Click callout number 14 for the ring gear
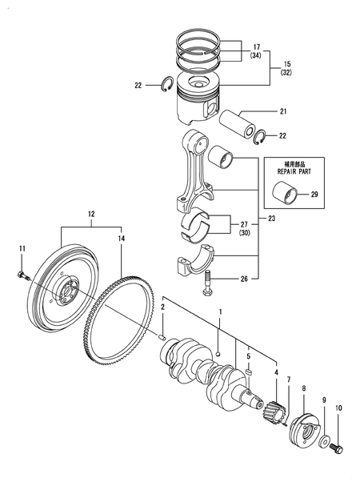(122, 238)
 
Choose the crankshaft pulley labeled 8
(304, 424)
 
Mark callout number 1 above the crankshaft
(222, 311)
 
